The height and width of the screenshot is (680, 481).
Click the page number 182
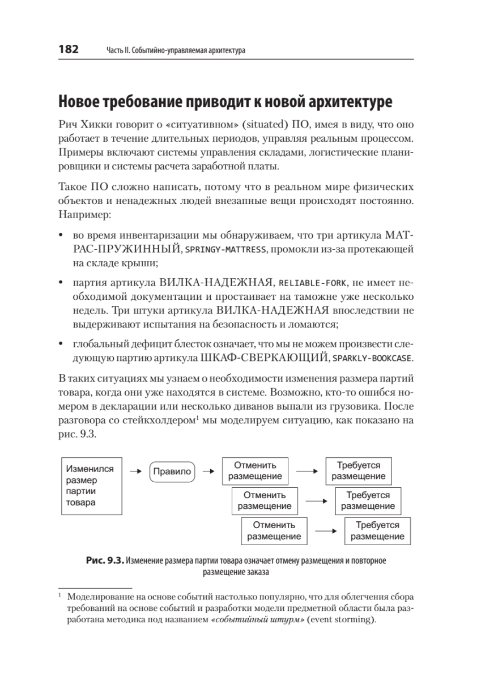click(x=67, y=50)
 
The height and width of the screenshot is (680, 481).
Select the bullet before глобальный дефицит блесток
click(x=61, y=343)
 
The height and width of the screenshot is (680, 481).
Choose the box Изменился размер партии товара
click(x=91, y=486)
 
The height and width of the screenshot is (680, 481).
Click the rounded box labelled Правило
click(x=172, y=470)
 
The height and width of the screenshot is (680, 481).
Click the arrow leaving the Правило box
click(x=208, y=470)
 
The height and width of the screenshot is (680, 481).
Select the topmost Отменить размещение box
click(x=254, y=470)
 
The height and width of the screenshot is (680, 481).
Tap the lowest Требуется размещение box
click(x=377, y=530)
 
